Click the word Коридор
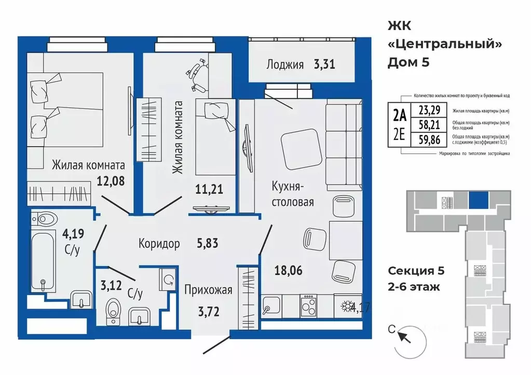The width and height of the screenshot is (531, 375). point(159,243)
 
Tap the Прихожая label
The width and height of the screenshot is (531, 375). point(208,290)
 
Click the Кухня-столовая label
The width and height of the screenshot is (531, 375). point(293,193)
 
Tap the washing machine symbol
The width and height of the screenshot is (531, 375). point(168,281)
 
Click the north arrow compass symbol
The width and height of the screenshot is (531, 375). point(404,337)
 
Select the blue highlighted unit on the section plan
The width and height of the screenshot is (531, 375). point(478,200)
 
